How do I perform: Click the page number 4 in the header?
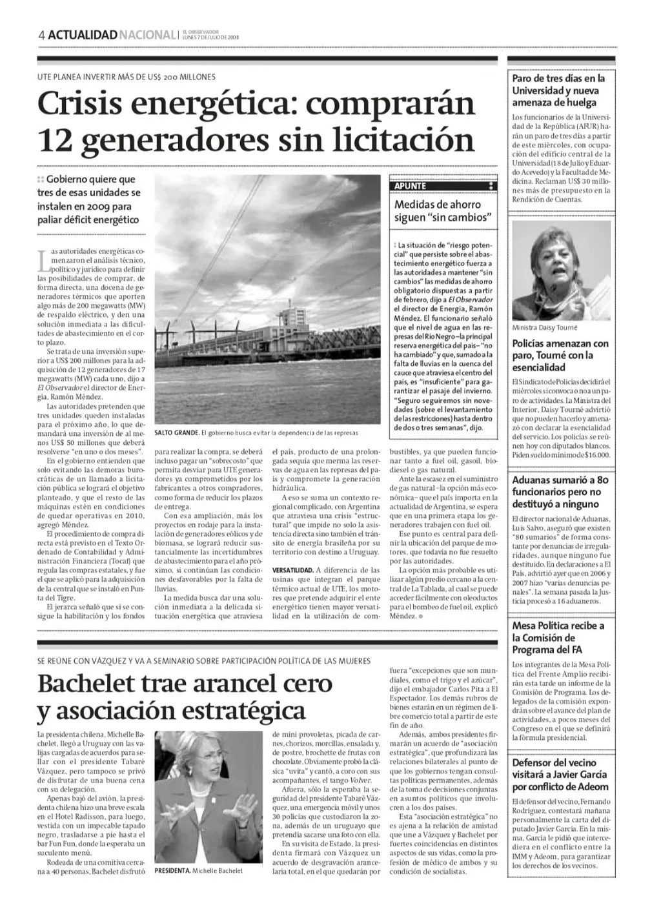click(41, 35)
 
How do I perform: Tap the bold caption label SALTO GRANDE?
click(176, 433)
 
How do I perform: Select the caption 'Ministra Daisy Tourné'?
click(545, 328)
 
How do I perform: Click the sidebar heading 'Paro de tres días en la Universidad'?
click(554, 90)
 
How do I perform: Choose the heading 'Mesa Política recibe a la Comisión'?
click(558, 637)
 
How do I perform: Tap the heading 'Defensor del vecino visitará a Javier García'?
click(560, 775)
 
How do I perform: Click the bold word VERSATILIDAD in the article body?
click(293, 571)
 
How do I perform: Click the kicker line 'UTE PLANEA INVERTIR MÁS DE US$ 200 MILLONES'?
click(127, 77)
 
